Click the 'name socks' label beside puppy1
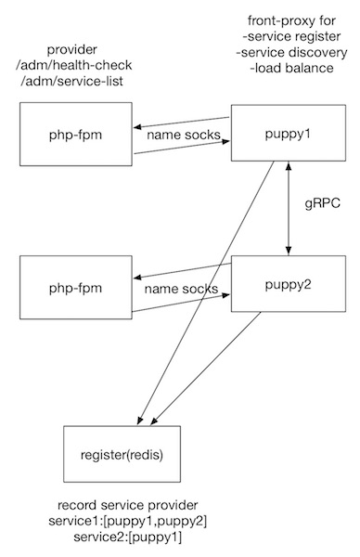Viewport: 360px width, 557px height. pos(183,137)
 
